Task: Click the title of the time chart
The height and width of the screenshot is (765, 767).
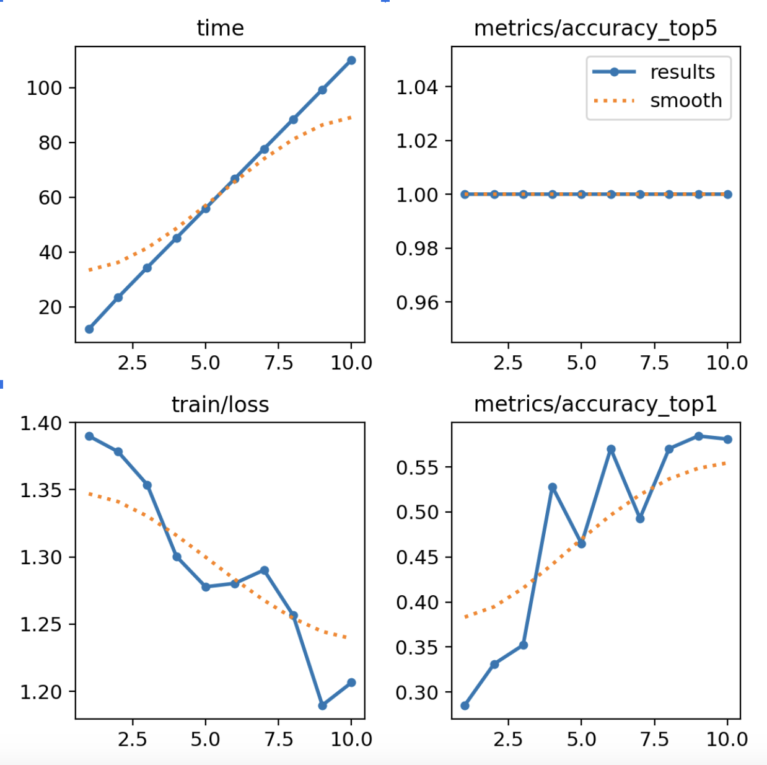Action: coord(220,28)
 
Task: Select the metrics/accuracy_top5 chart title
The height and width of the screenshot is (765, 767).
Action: coord(595,28)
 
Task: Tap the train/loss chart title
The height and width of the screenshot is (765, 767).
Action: coord(220,404)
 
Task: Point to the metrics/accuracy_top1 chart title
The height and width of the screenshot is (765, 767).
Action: coord(595,404)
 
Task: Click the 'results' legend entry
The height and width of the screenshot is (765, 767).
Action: coord(682,73)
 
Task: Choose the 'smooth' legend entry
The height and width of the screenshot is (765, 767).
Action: coord(685,100)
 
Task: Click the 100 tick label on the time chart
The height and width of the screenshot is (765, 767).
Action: coord(44,88)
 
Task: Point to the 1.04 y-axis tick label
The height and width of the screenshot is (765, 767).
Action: coord(417,87)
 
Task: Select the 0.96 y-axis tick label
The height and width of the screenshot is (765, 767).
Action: coord(417,303)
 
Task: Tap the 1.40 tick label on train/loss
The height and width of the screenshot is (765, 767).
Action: coord(41,423)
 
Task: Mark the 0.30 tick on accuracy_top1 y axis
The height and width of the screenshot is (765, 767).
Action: coord(417,692)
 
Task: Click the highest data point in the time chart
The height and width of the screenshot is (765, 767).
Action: coord(351,60)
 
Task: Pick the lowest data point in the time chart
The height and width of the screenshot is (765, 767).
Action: coord(89,329)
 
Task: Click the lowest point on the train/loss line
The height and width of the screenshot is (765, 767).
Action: coord(322,705)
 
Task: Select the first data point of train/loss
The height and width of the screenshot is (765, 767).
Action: coord(89,436)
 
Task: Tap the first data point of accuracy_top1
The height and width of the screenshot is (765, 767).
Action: coord(465,705)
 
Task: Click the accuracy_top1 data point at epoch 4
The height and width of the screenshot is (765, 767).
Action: coord(553,487)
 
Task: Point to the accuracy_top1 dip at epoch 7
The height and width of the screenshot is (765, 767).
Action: coord(640,518)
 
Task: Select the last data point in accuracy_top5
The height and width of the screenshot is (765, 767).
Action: coord(727,195)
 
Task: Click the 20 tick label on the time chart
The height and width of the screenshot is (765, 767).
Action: coord(49,307)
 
